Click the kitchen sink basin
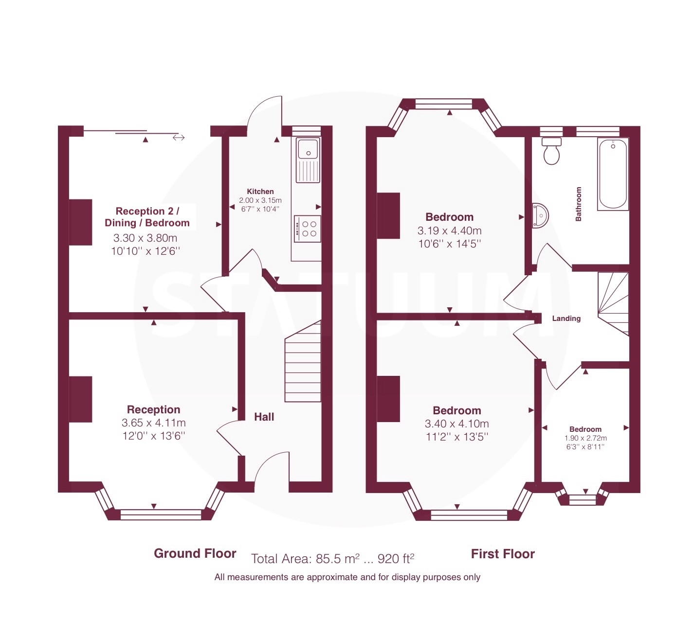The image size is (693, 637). (x=308, y=149)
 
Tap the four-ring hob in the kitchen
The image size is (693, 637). (x=308, y=229)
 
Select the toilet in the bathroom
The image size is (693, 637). (x=551, y=151)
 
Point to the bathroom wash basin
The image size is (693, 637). (x=540, y=216)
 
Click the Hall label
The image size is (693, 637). (x=264, y=417)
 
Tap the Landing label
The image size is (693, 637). (x=566, y=318)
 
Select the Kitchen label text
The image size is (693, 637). (x=260, y=191)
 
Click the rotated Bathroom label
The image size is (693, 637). (x=578, y=204)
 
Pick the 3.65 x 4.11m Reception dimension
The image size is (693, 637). (x=153, y=423)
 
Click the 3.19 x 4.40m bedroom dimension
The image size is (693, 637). (x=449, y=230)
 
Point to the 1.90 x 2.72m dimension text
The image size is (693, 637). (x=585, y=438)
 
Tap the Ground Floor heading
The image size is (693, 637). (x=195, y=553)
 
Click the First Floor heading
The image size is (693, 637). (x=503, y=554)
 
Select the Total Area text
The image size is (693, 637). (x=332, y=558)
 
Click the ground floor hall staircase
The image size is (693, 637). (x=303, y=361)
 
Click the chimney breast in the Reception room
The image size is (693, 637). (x=80, y=399)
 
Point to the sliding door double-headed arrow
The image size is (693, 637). (x=178, y=138)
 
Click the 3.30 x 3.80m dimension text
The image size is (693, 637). (x=145, y=238)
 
